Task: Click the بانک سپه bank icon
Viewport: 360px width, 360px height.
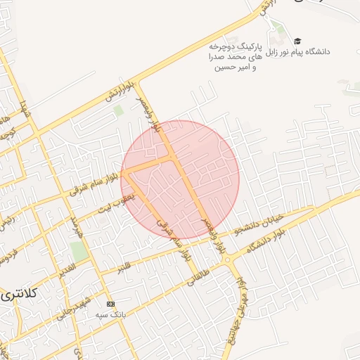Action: click(x=110, y=304)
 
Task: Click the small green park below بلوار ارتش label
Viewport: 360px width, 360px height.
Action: click(x=118, y=110)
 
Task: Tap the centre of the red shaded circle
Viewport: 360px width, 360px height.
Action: click(x=180, y=180)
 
